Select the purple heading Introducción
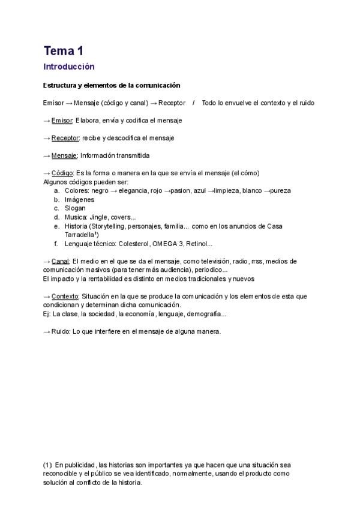(69, 67)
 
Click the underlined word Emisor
(62, 121)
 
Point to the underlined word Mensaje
(64, 155)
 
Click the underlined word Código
(62, 173)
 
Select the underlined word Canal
(61, 261)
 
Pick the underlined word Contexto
(65, 297)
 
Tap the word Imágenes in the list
(79, 199)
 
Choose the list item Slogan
(75, 208)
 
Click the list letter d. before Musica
(56, 217)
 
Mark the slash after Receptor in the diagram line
(194, 103)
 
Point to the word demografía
(206, 314)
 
